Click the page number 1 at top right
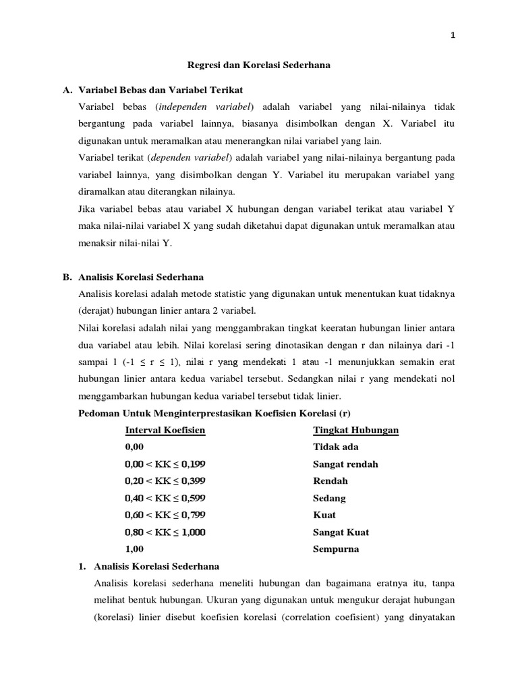pyautogui.click(x=453, y=36)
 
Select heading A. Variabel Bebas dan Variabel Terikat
pyautogui.click(x=156, y=90)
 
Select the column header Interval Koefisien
pyautogui.click(x=165, y=430)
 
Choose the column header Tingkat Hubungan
pyautogui.click(x=355, y=430)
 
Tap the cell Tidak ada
pyautogui.click(x=336, y=447)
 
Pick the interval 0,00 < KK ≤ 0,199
pyautogui.click(x=165, y=464)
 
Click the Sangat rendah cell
pyautogui.click(x=345, y=464)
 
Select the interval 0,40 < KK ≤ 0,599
pyautogui.click(x=165, y=498)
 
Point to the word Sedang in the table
pyautogui.click(x=329, y=498)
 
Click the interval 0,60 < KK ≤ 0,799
pyautogui.click(x=165, y=515)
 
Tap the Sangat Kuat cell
pyautogui.click(x=341, y=532)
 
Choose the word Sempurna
pyautogui.click(x=336, y=549)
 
